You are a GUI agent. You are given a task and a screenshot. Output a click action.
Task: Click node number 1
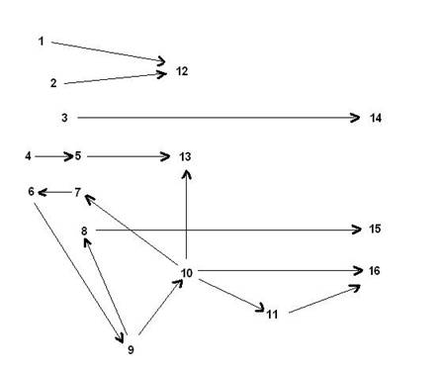tap(41, 41)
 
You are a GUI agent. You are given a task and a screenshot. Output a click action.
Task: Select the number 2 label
tap(53, 83)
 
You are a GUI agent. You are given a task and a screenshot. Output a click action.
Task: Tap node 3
tap(64, 118)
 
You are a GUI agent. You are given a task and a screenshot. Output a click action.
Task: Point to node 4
tap(29, 155)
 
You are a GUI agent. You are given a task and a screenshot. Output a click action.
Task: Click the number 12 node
tap(181, 71)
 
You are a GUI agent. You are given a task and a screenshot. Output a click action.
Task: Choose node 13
tap(186, 156)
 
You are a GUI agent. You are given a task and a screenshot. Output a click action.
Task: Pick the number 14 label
tap(375, 118)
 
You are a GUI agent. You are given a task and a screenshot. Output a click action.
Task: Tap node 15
tap(375, 230)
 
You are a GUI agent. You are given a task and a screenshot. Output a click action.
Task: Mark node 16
tap(374, 270)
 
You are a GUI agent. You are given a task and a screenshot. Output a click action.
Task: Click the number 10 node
tap(186, 272)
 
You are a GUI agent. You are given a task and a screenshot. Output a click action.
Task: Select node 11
tap(271, 314)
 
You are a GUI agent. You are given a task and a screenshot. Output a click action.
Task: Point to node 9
tap(130, 348)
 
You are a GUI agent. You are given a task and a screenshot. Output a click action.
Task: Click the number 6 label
tap(32, 191)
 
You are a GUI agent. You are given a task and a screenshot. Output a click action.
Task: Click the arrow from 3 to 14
tap(218, 118)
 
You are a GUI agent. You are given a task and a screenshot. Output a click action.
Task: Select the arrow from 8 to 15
tap(227, 230)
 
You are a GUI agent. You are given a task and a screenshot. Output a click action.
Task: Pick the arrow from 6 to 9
tap(79, 266)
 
